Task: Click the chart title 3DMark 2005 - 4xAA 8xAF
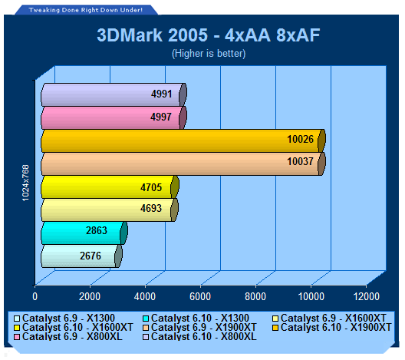click(209, 35)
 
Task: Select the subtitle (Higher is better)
click(209, 54)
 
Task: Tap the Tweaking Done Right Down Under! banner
click(86, 10)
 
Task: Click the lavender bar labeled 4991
click(114, 94)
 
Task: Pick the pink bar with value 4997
click(114, 118)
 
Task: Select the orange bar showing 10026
click(183, 140)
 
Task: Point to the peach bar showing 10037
click(183, 163)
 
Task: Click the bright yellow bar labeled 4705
click(110, 187)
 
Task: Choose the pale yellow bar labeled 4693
click(110, 210)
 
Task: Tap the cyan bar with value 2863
click(84, 233)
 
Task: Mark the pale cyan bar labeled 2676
click(81, 256)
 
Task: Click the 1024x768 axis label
click(25, 183)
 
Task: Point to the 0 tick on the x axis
click(35, 296)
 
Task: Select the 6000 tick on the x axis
click(200, 296)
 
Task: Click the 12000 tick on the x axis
click(367, 296)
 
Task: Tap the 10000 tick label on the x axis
click(311, 296)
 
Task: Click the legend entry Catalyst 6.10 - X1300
click(196, 318)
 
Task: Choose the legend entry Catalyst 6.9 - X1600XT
click(329, 318)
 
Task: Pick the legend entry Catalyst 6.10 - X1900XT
click(332, 328)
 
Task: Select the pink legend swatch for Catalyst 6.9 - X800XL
click(17, 337)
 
